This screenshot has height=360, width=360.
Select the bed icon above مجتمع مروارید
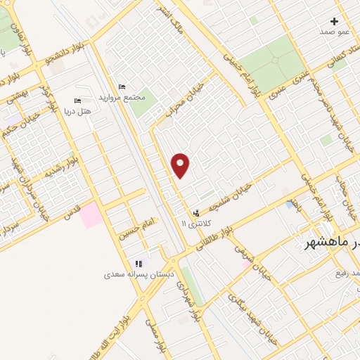tap(122, 86)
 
